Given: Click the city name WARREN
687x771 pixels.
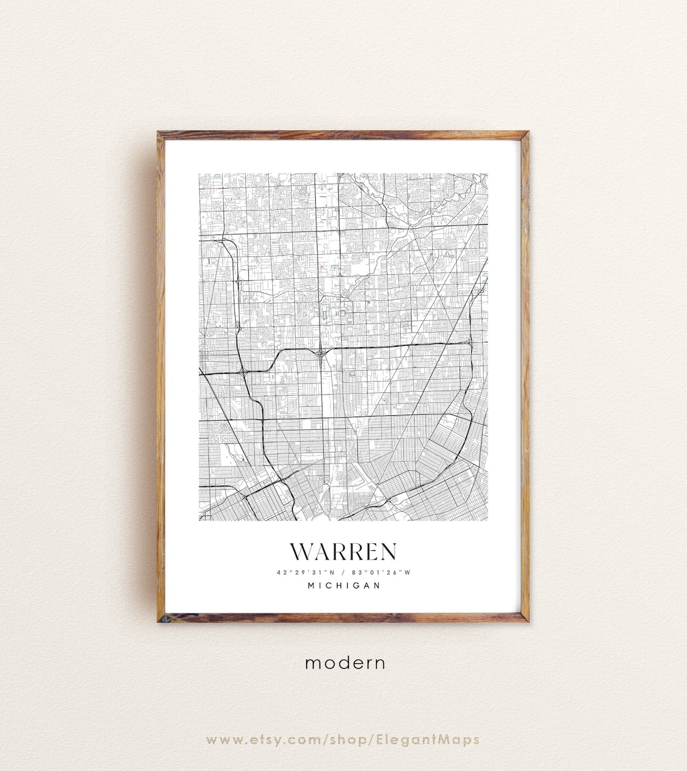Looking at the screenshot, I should pos(343,552).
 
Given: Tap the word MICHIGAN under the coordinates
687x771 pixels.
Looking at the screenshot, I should pos(344,585).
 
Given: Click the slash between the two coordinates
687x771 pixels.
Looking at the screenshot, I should pos(342,572).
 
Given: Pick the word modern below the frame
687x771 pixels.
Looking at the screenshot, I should pos(345,663).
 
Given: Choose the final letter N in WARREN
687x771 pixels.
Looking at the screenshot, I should pos(387,552).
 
